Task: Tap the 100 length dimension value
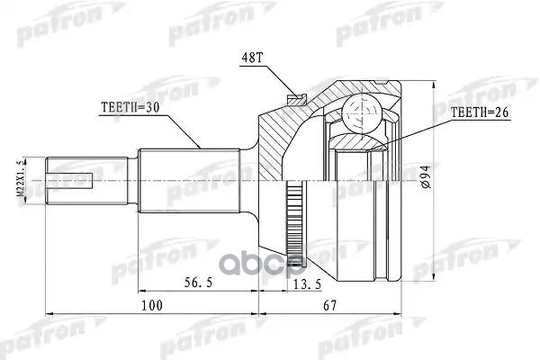coord(152,307)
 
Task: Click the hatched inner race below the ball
coord(360,141)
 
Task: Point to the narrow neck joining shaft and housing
coord(247,180)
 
